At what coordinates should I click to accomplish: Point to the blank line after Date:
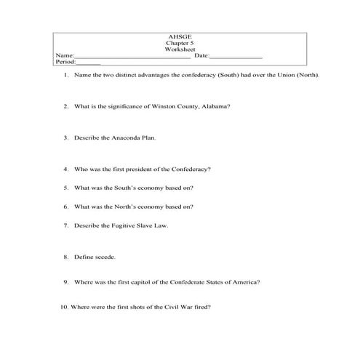coord(236,57)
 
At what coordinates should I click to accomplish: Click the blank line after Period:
coord(88,63)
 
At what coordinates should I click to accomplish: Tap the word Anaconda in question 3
coord(125,137)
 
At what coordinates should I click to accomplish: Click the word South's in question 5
coord(137,188)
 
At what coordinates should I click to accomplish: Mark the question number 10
coord(64,307)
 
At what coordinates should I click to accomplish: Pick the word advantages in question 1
coord(145,75)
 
